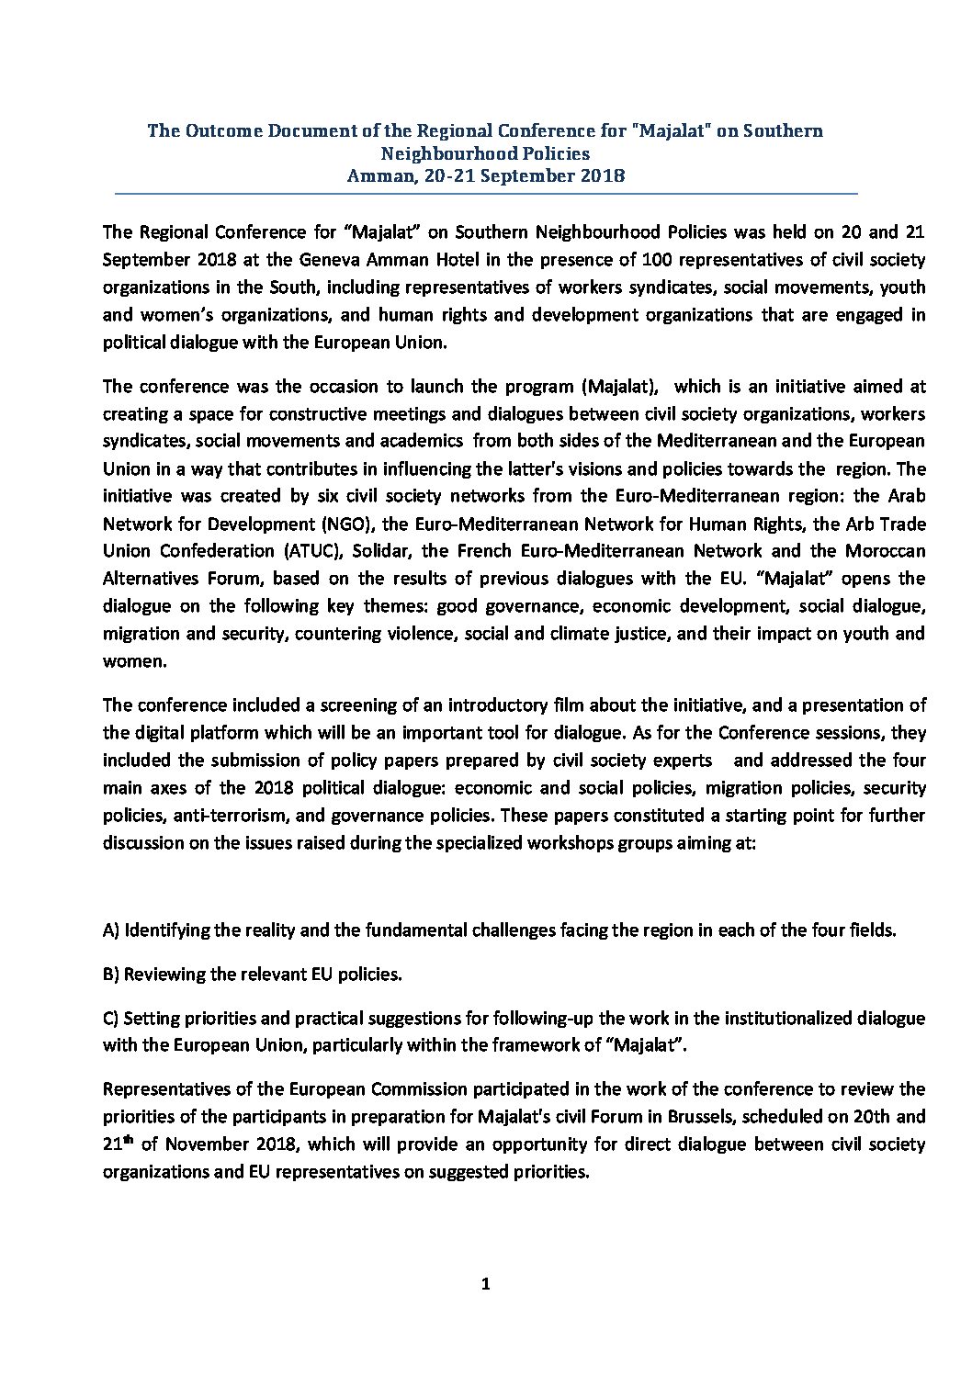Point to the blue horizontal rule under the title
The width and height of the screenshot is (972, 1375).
485,194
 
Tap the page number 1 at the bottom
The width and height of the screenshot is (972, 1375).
486,1285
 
